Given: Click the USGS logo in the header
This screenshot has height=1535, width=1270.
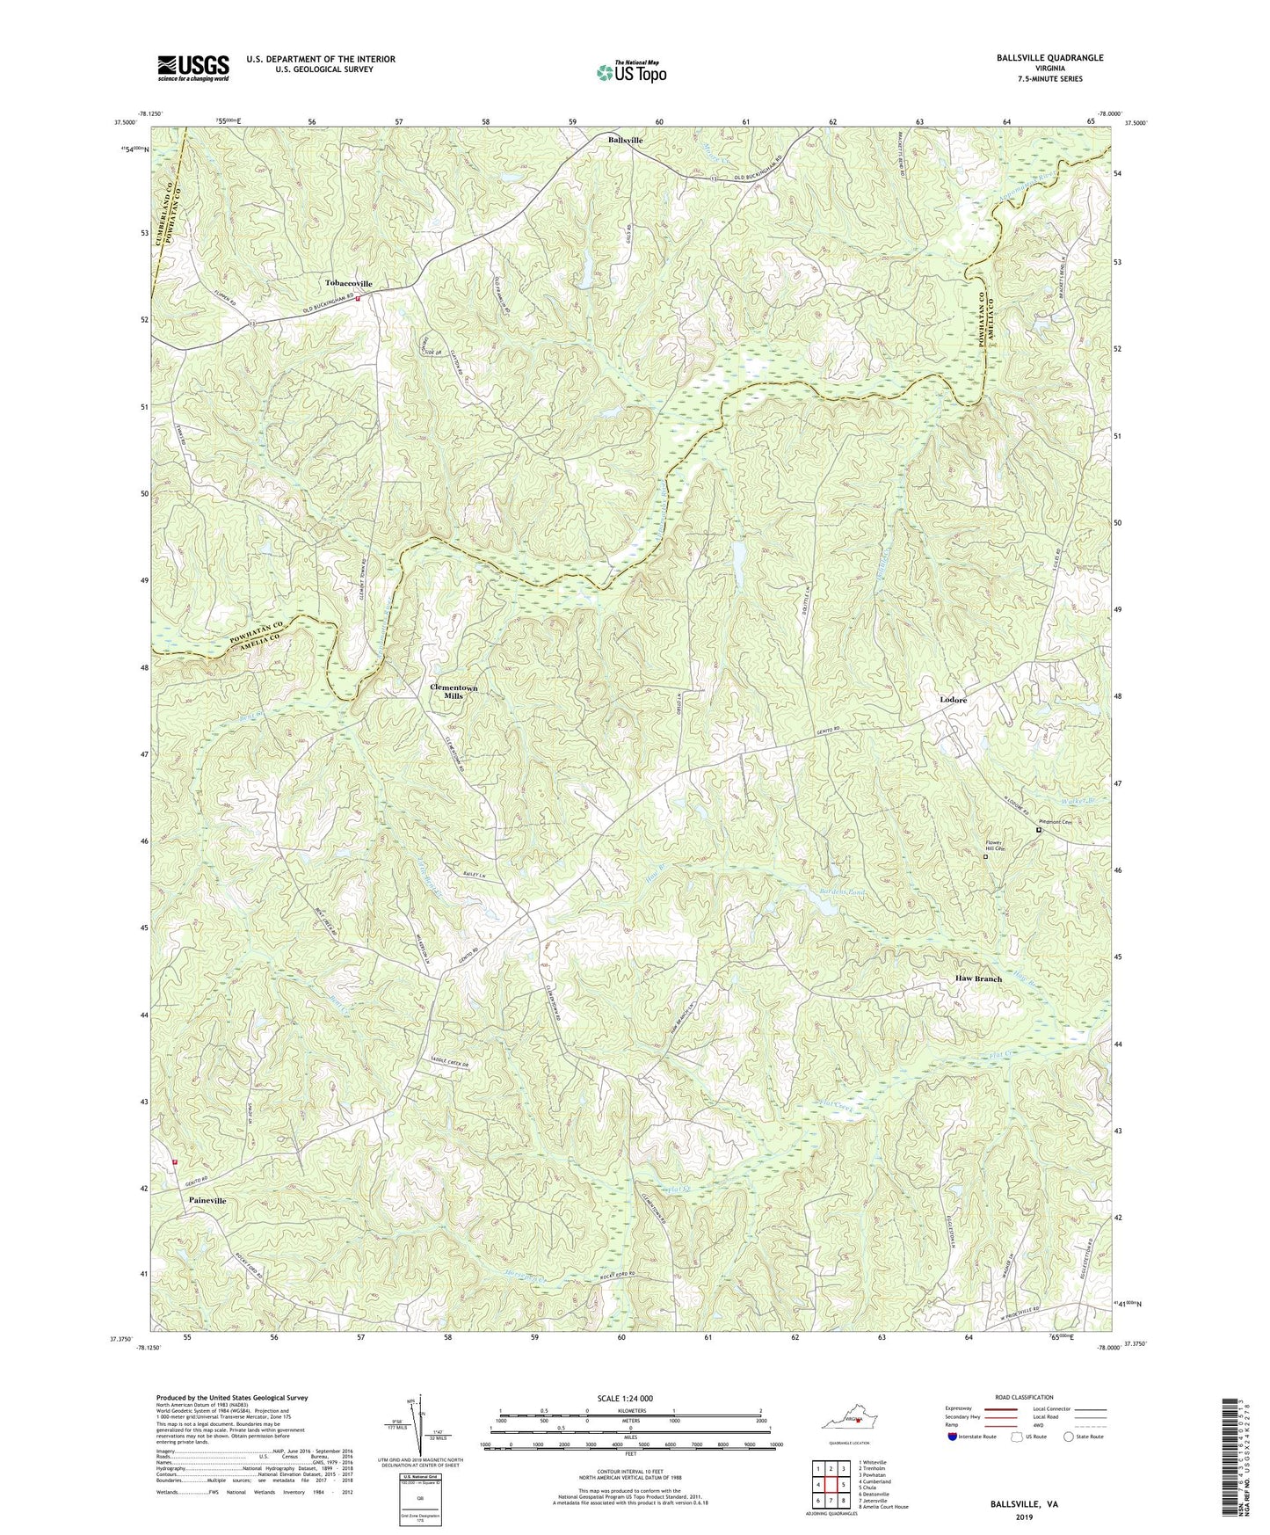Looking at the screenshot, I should click(x=193, y=67).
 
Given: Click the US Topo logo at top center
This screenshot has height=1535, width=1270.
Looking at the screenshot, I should click(x=629, y=72).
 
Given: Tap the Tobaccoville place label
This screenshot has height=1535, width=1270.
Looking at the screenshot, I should click(x=349, y=283).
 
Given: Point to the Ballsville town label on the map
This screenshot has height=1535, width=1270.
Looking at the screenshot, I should click(x=626, y=141).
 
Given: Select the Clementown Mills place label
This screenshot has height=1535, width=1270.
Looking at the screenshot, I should click(x=454, y=691).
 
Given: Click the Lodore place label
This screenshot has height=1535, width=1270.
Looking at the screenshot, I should click(x=953, y=700).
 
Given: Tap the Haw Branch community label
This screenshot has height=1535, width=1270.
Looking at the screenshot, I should click(x=978, y=978).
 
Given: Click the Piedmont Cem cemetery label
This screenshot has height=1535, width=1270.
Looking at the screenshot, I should click(x=1055, y=823).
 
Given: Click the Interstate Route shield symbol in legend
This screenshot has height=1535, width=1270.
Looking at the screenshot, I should click(x=953, y=1437).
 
